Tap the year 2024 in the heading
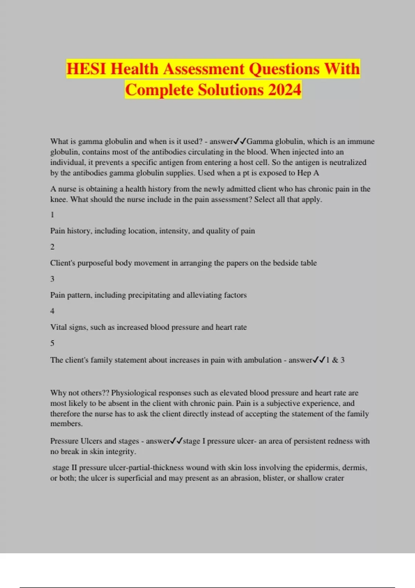[x=284, y=90]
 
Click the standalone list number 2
[x=52, y=247]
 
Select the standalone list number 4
[x=52, y=311]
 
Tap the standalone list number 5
[x=52, y=343]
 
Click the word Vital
[x=58, y=327]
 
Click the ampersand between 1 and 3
[x=335, y=360]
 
